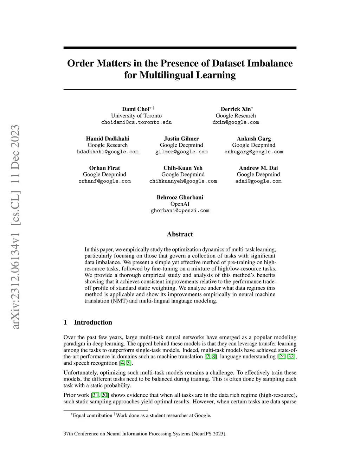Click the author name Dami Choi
click(136, 109)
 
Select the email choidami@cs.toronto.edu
click(136, 122)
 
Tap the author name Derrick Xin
click(236, 109)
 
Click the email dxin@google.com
click(236, 122)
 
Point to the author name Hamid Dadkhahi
click(108, 139)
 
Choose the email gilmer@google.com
click(181, 152)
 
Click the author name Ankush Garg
click(254, 139)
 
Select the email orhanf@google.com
click(104, 181)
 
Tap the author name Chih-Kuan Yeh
click(183, 168)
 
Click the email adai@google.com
click(258, 181)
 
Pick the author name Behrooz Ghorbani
click(180, 197)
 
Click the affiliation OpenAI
click(180, 204)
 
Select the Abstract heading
click(180, 234)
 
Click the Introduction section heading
click(93, 323)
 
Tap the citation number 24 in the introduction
click(282, 357)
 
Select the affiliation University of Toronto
click(136, 116)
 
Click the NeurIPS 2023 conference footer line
click(145, 434)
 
